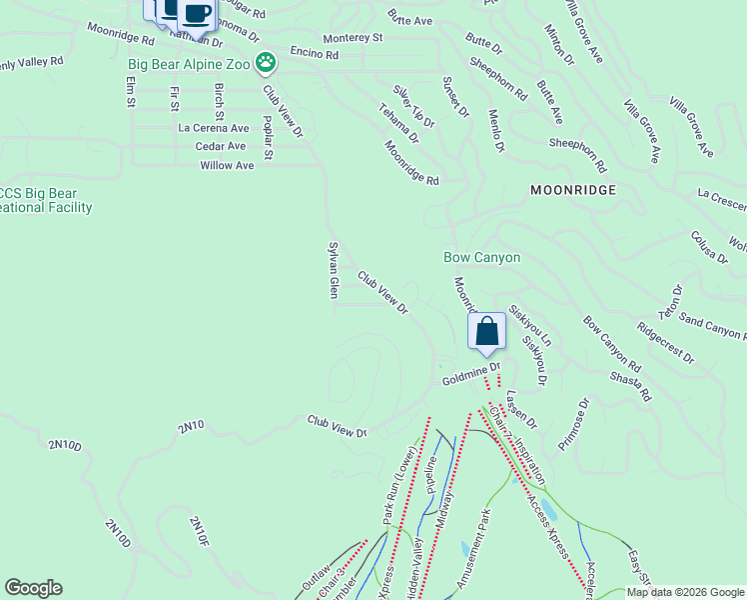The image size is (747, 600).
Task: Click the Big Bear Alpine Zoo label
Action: tap(188, 65)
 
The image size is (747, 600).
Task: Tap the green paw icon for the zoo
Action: tap(265, 64)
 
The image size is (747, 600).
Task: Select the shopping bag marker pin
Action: tap(486, 332)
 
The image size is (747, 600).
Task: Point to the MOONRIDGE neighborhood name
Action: tap(572, 189)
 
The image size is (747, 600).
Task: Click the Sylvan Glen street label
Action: tap(334, 269)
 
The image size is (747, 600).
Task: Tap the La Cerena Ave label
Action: tap(213, 128)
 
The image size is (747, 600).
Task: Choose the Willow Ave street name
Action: tap(227, 165)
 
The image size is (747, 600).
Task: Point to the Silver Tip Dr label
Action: tap(413, 106)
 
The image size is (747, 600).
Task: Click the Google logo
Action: tap(33, 588)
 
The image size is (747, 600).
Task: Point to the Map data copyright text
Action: tap(686, 592)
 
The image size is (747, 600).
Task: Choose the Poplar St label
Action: tap(268, 138)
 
